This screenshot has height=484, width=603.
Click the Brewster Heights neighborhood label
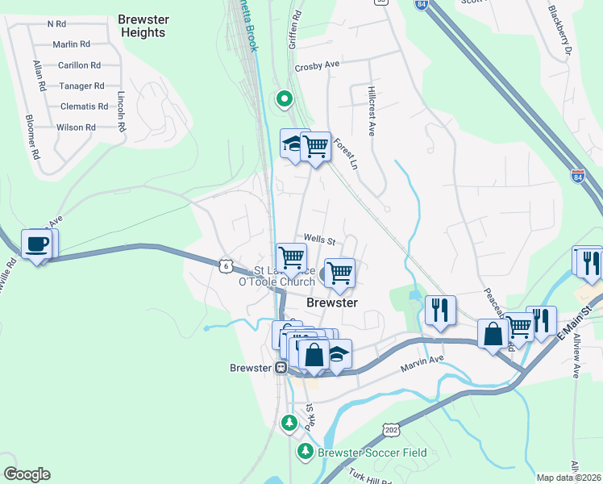coord(141,25)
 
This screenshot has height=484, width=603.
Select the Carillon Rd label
coord(78,65)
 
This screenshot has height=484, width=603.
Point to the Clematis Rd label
coord(84,106)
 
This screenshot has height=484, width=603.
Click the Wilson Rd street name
coord(76,127)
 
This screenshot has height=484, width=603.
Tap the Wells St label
coord(318,240)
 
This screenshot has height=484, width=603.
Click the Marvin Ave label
coord(422,361)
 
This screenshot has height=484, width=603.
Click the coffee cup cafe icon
coord(37,244)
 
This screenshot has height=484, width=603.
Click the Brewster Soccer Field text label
coord(372,453)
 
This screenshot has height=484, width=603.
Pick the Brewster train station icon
coord(281,367)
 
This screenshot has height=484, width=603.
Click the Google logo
coord(27,474)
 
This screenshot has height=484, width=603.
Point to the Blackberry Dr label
coord(559,33)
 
